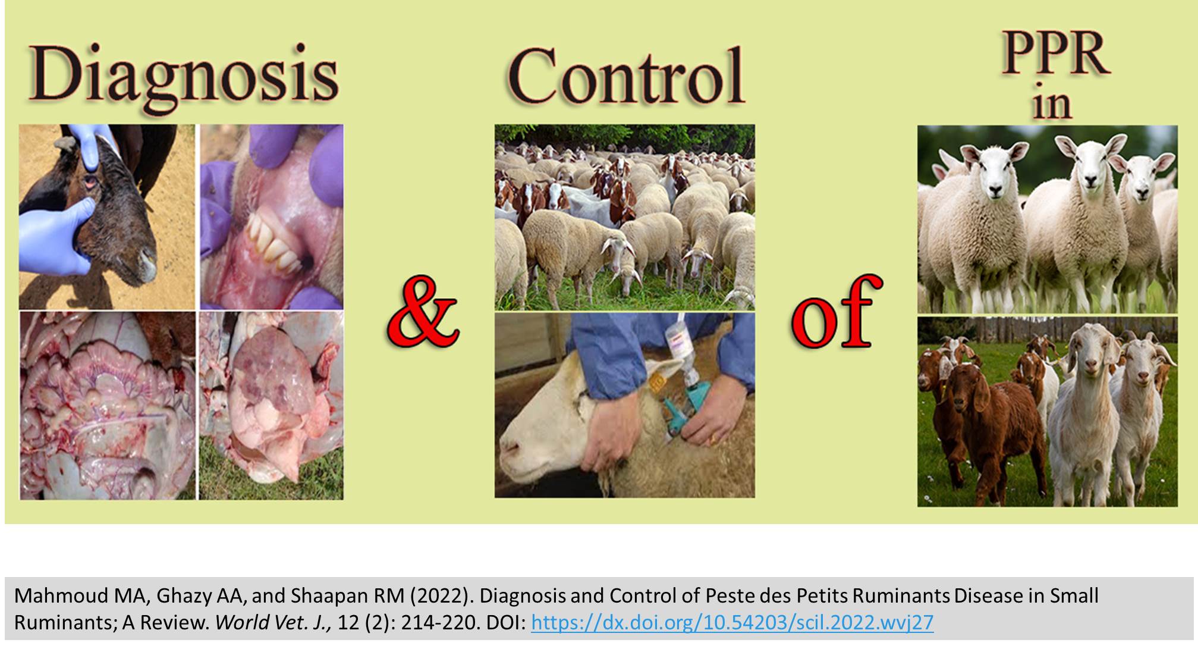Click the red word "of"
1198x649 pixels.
836,312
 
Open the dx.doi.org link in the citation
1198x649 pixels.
732,622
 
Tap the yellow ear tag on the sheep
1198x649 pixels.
656,380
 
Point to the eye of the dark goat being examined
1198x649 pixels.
92,180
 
